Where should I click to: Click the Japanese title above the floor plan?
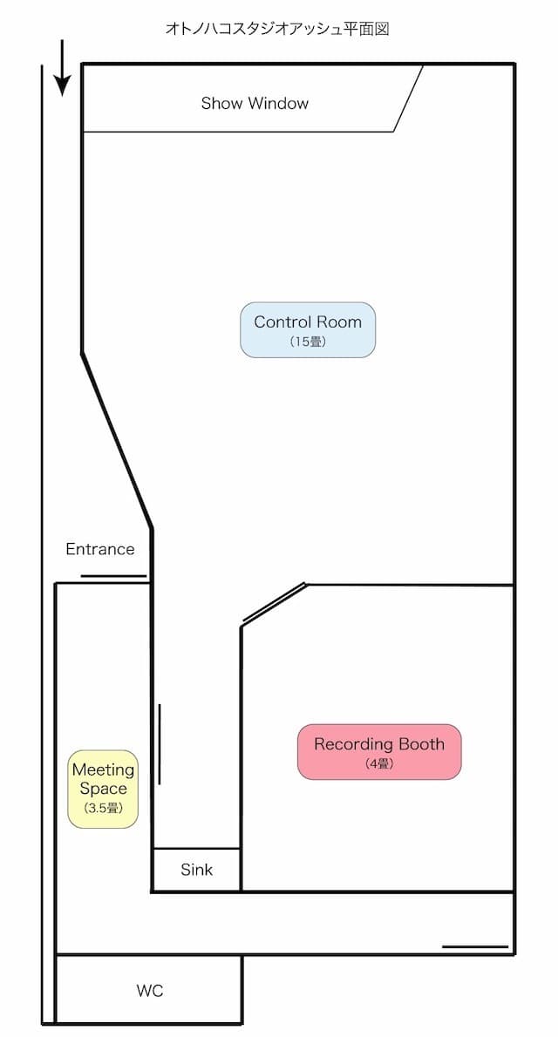276,29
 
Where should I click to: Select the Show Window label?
255,104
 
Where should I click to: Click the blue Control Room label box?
308,329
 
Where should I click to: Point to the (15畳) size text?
308,342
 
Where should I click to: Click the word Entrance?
100,549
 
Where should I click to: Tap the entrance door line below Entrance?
113,576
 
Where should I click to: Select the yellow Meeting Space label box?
104,789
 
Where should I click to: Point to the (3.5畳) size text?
103,809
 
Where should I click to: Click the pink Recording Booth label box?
378,751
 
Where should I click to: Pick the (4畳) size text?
379,764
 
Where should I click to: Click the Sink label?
196,870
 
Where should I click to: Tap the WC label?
149,991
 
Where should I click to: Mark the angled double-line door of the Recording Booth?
274,603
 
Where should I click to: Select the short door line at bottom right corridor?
474,945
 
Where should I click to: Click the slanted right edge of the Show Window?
409,98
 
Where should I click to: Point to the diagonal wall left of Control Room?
117,441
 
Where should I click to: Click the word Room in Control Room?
340,322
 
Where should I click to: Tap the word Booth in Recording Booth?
421,744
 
